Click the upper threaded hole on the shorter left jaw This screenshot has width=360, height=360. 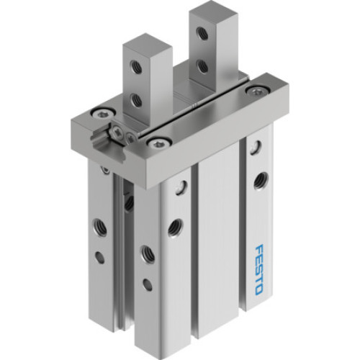point(134,67)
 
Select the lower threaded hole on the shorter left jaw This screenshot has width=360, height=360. point(135,99)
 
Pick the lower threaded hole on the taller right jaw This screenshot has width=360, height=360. point(203,66)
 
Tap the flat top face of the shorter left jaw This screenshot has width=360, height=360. point(146,44)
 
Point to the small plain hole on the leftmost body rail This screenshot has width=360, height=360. point(99,256)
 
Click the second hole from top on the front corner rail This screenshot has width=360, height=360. point(174,229)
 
